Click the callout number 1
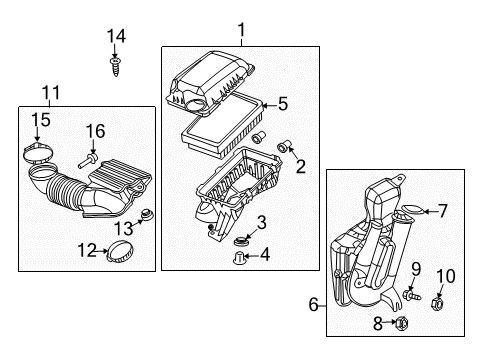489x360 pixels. pos(240,32)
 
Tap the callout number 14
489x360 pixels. pos(117,36)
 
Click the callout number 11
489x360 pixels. pos(51,93)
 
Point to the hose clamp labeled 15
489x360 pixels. pos(37,155)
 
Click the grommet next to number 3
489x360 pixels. pos(240,243)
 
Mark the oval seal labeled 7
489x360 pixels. pos(410,212)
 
